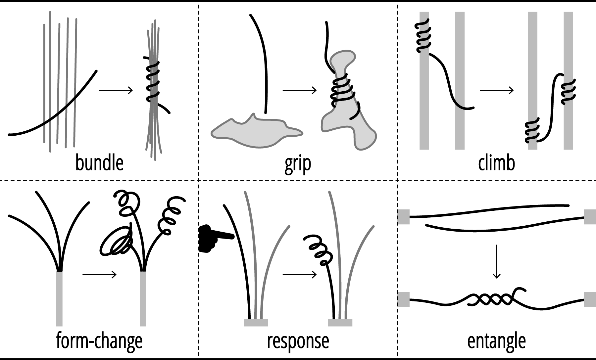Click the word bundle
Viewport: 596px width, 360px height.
pos(99,163)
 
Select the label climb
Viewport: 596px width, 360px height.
pos(496,163)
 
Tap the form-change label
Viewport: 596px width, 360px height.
pos(99,341)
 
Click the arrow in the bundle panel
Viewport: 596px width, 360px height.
pos(116,90)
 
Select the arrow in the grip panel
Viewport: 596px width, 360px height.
pos(299,90)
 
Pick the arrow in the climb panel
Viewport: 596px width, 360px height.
pos(496,90)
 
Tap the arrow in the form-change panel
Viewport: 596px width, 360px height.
pos(99,274)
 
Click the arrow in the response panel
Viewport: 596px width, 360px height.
pos(299,274)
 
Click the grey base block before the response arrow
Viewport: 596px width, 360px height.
pos(256,323)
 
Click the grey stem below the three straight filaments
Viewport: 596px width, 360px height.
pos(59,298)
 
